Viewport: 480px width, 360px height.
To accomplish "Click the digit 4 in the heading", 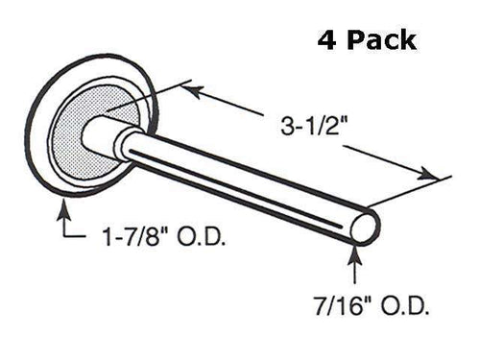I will (324, 40).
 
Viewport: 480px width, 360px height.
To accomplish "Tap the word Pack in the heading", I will (381, 40).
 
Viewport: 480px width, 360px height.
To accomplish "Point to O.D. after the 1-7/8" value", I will (203, 236).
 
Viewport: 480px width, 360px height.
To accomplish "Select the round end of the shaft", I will (366, 228).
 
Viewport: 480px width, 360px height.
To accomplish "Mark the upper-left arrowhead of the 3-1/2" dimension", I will (186, 88).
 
